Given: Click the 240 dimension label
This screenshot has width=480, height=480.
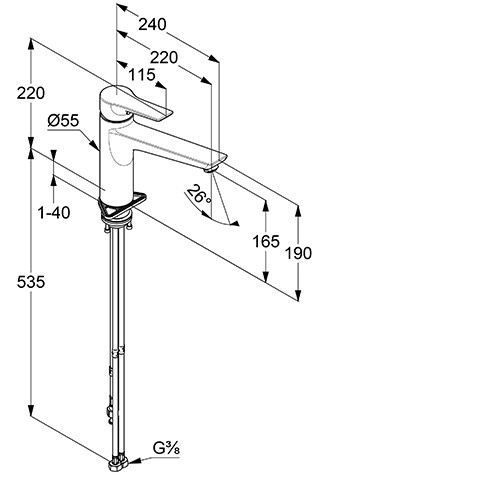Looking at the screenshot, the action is point(152,25).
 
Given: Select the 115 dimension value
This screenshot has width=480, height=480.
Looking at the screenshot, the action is point(142,75).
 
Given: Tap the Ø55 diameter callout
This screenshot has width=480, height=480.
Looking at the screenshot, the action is point(63,120).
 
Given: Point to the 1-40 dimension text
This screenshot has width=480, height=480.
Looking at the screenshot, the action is point(54,212).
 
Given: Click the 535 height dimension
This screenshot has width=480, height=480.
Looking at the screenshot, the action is point(31,282).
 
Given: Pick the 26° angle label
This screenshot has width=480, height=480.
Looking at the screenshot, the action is point(199,195).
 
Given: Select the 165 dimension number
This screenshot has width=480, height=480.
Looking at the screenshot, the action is point(266,241).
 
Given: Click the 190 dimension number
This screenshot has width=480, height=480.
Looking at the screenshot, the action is point(298,253).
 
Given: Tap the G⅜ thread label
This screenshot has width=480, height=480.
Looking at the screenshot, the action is point(166,448).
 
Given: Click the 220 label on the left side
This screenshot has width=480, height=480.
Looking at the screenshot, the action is point(31,93).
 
